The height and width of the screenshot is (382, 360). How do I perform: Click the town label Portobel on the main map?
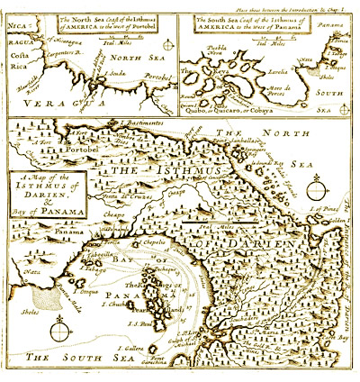(x=83, y=150)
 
